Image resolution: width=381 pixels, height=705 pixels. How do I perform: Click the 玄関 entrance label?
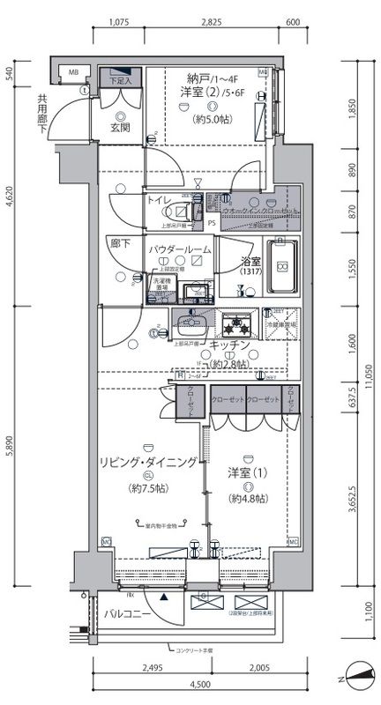tap(120, 128)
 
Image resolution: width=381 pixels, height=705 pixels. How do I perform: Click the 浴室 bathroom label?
tap(250, 261)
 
